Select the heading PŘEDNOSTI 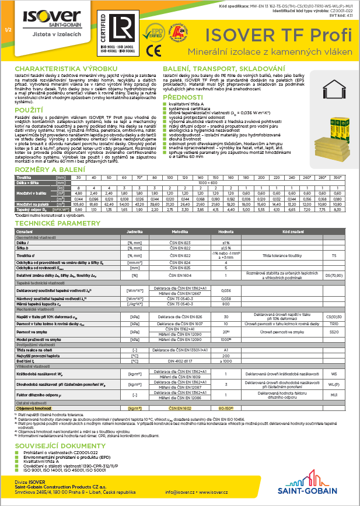click(200, 97)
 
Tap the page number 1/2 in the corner click(7, 29)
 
